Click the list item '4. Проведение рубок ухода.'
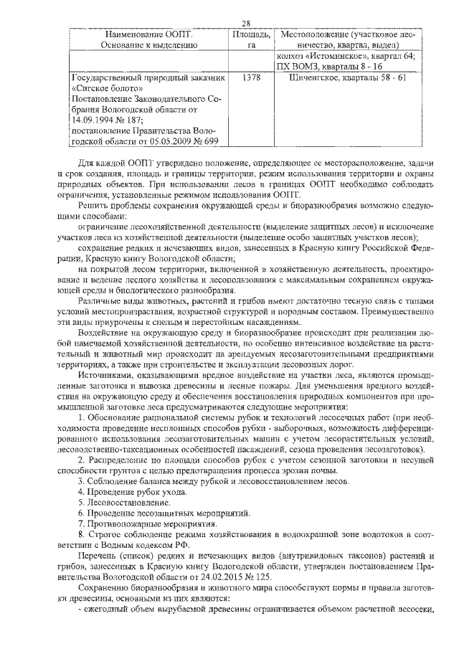pyautogui.click(x=133, y=492)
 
